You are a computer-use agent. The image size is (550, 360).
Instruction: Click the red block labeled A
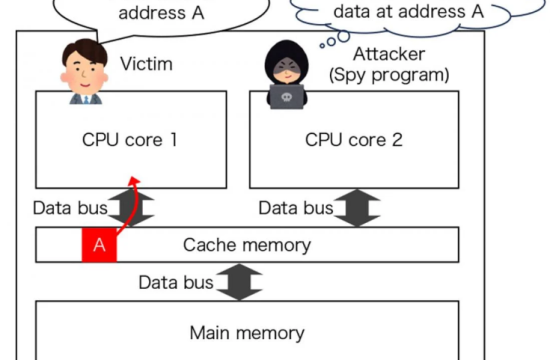point(99,245)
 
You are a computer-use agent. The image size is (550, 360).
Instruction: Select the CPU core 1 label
point(130,140)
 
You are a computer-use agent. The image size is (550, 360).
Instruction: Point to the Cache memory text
point(247,245)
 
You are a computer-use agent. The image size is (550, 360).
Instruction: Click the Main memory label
point(247,332)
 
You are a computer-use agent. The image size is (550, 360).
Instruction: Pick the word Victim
point(146,65)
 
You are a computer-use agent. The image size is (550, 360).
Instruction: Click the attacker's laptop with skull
point(288,96)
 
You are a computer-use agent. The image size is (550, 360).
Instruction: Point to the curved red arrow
point(124,205)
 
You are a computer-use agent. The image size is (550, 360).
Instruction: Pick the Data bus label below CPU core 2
point(295,208)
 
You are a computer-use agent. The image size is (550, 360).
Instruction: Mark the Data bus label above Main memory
point(176,283)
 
